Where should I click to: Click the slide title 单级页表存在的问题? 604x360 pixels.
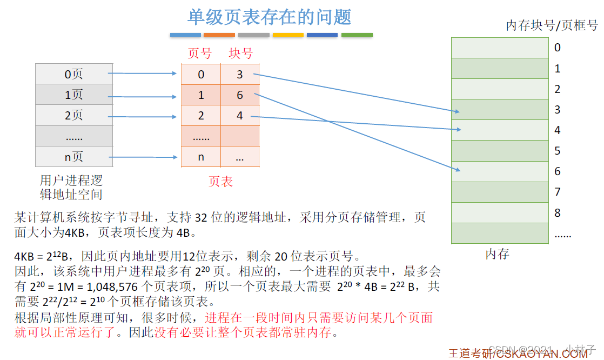pos(270,17)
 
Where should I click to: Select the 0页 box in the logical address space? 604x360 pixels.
pos(74,74)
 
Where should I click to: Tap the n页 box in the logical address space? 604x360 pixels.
pos(74,157)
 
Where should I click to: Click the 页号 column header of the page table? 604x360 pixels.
pos(200,54)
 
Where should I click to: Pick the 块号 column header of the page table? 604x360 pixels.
pos(240,54)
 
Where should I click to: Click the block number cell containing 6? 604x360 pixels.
pos(240,96)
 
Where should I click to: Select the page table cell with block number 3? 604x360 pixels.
pos(240,75)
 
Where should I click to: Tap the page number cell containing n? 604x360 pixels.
pos(201,157)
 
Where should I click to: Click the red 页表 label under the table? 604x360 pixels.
pos(220,182)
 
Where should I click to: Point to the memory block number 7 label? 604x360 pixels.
pos(558,192)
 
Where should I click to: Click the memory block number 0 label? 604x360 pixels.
pos(558,48)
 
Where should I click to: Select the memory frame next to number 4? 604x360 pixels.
pos(500,130)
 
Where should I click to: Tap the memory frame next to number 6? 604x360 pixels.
pos(500,171)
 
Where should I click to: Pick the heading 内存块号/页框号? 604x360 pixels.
pos(552,25)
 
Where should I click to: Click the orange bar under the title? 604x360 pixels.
pos(219,35)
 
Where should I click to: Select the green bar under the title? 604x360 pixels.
pos(357,35)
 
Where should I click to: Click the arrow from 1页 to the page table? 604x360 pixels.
pos(143,97)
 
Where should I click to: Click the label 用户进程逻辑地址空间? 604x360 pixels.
pos(71,187)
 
